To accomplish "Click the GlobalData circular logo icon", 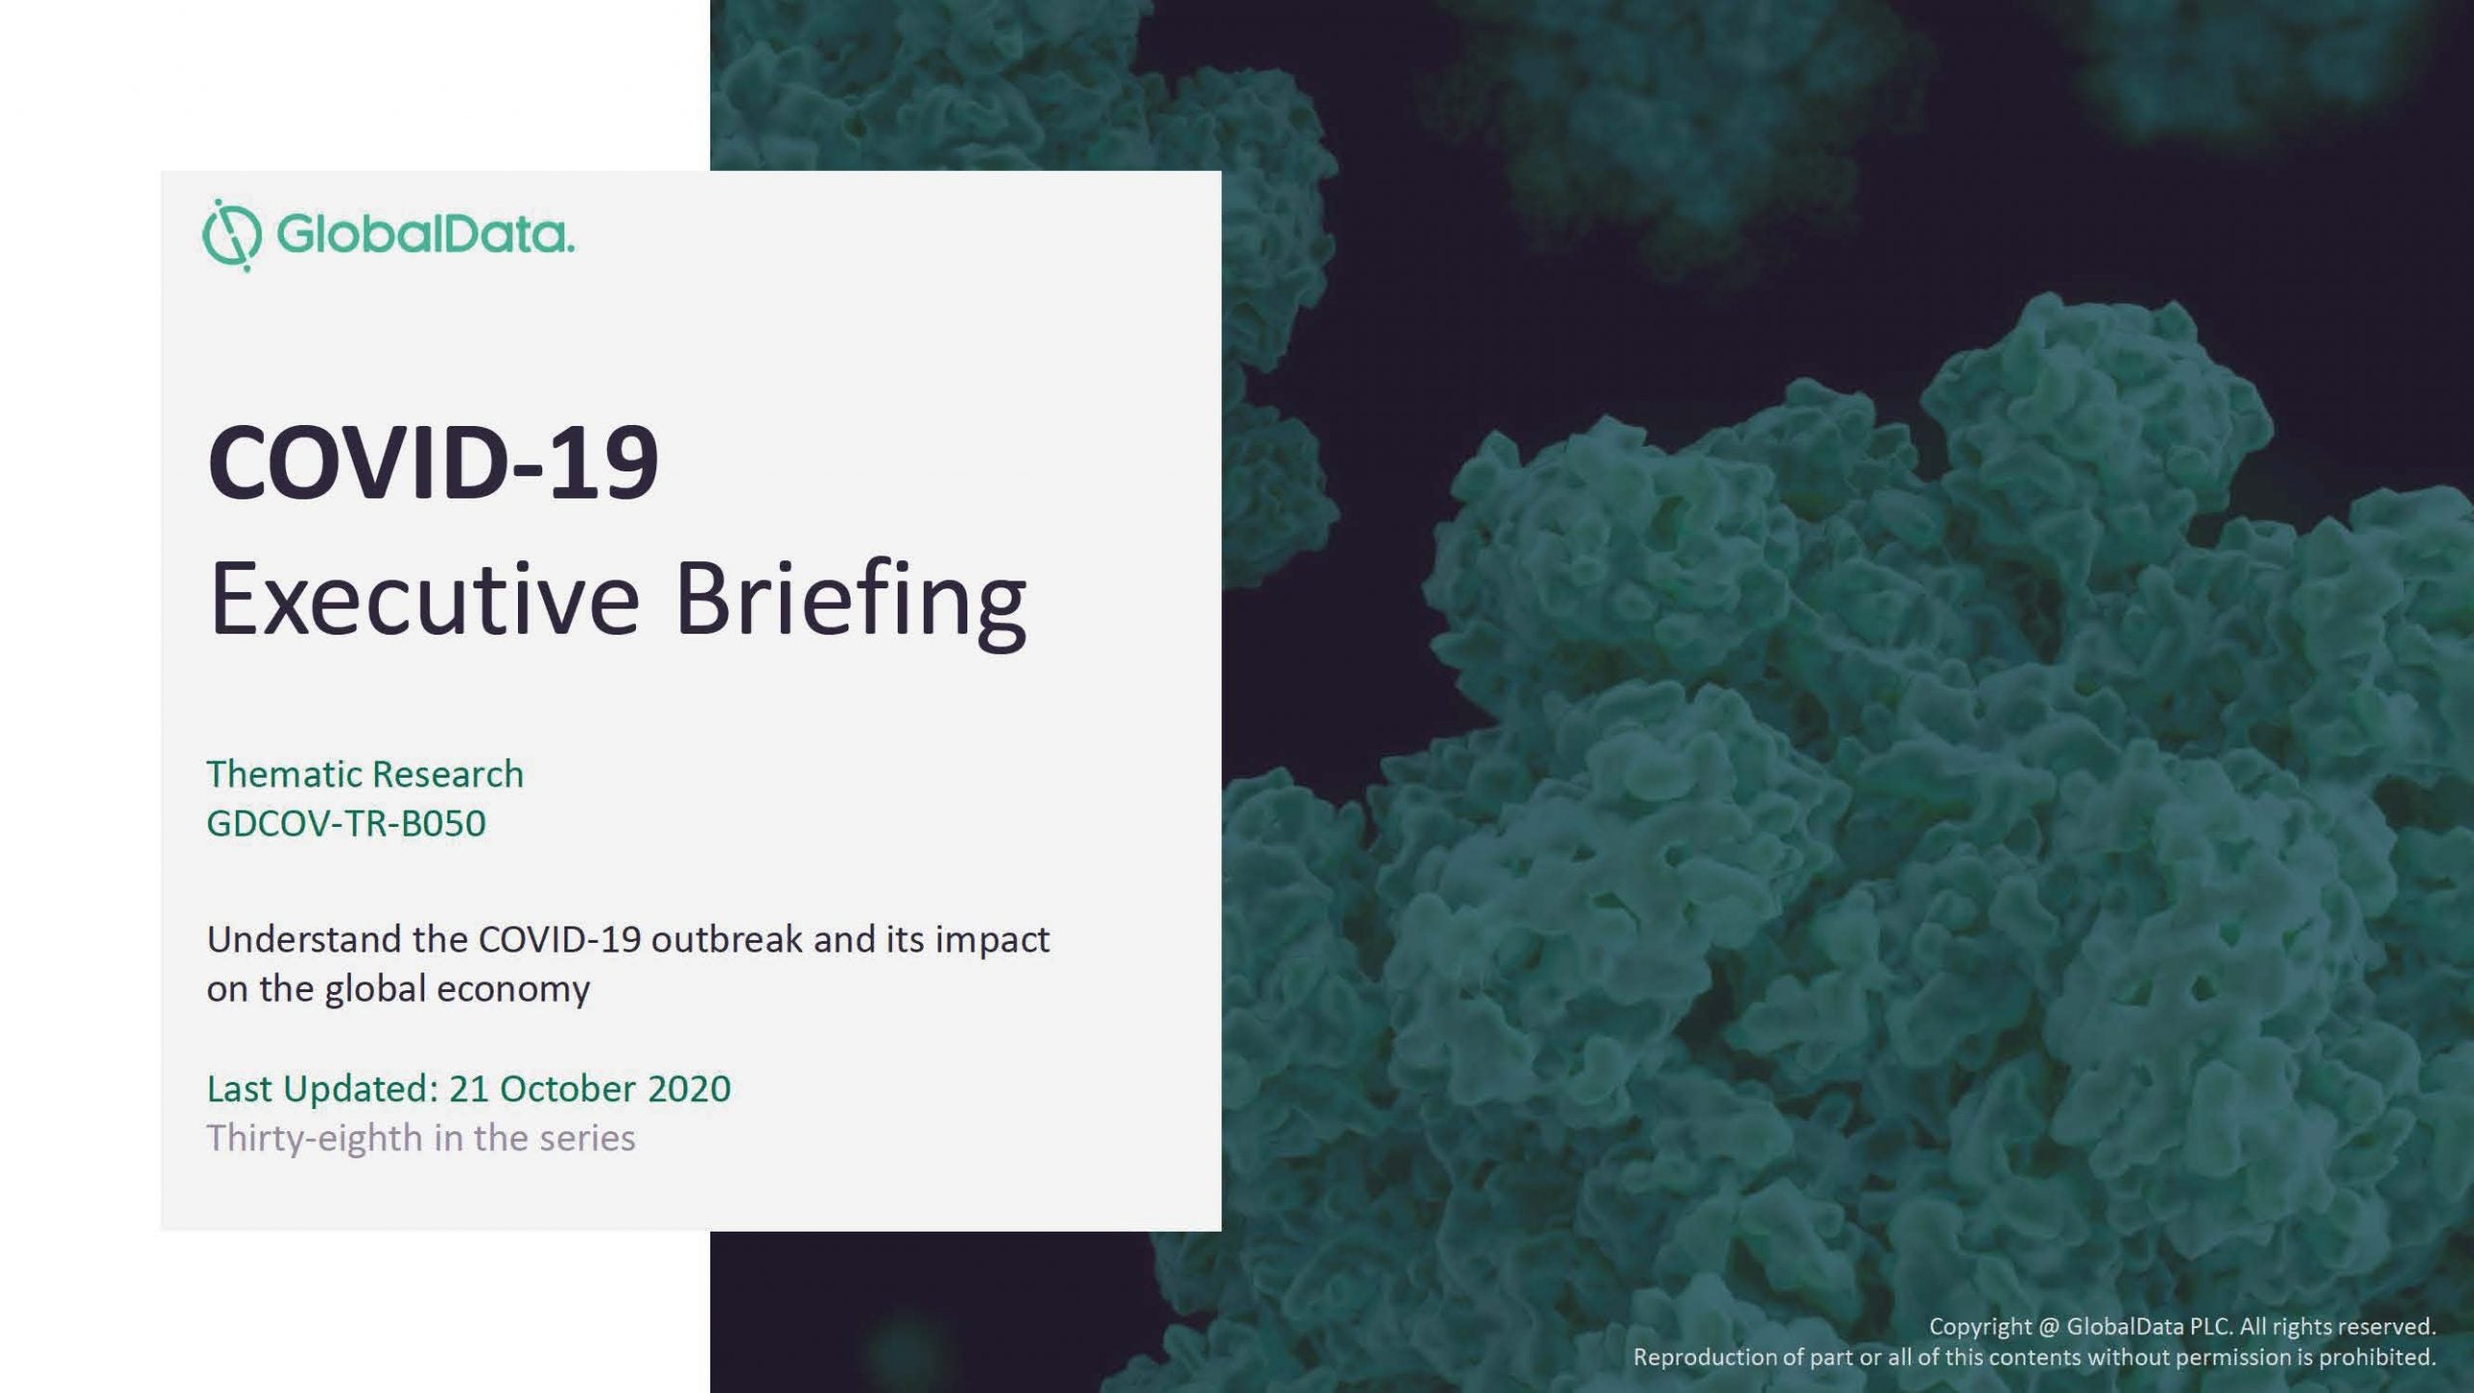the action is [x=232, y=236].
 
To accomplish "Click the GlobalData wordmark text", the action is [x=425, y=236].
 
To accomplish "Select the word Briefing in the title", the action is [x=850, y=603].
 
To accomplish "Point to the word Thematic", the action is [x=284, y=774].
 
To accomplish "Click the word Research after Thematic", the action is [x=447, y=774].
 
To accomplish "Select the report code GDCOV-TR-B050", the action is [x=346, y=823].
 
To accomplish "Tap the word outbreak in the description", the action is [x=727, y=939].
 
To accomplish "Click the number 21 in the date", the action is [x=469, y=1089].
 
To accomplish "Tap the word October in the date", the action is [x=567, y=1089].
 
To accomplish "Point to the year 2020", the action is [x=689, y=1089].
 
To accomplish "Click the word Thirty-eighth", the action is [x=315, y=1139].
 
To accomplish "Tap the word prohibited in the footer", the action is [x=2377, y=1357].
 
